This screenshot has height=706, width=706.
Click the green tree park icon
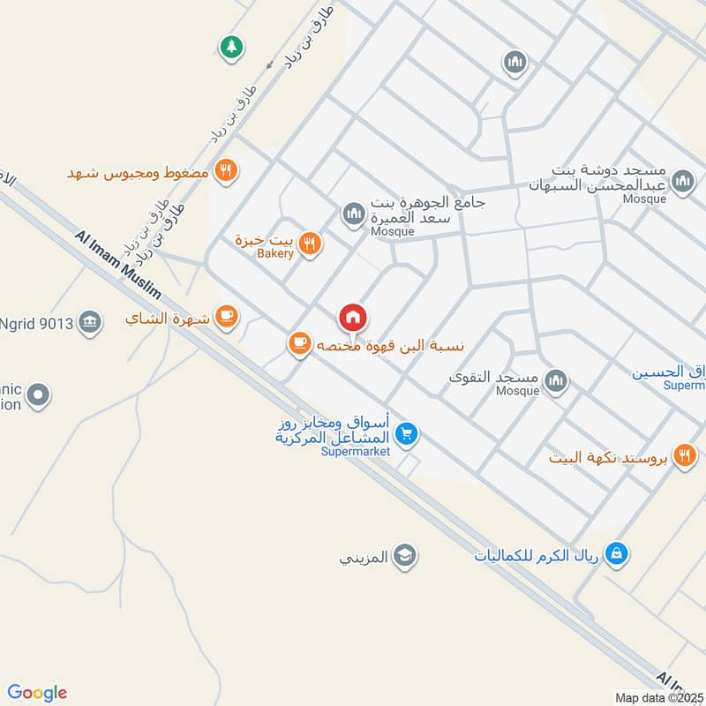click(231, 46)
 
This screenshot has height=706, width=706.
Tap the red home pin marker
click(353, 318)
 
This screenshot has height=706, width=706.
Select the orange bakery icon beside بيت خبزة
click(309, 244)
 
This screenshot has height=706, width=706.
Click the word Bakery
click(274, 254)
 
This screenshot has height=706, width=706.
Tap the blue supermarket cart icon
click(406, 433)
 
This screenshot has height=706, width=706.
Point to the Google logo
click(37, 693)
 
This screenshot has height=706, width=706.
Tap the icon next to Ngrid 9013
click(89, 323)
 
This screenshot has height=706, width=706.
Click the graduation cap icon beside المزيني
click(405, 557)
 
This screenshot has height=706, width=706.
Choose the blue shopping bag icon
click(619, 553)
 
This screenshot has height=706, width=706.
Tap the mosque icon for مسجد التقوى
click(555, 381)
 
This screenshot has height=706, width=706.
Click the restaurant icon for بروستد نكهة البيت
click(684, 456)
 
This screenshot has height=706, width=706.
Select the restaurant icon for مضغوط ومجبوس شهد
click(227, 171)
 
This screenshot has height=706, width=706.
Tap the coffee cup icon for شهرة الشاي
click(227, 317)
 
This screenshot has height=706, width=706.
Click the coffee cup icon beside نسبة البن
click(299, 343)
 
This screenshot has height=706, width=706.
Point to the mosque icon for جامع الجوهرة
click(354, 214)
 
